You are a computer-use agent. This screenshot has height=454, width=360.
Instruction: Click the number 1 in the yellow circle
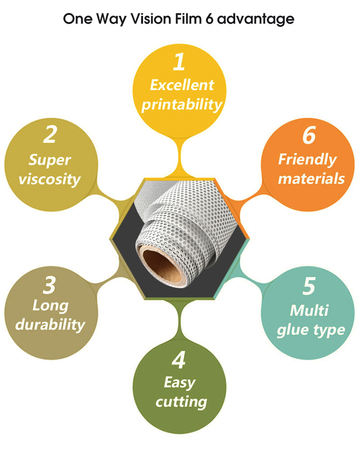(180, 62)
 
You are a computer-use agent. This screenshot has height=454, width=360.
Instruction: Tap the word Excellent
(181, 86)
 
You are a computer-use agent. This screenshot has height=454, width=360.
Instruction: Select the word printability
(181, 105)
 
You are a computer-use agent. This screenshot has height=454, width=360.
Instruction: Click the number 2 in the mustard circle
(49, 135)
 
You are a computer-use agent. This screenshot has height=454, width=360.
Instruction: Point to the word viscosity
(49, 180)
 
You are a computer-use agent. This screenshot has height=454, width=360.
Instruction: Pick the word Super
(49, 160)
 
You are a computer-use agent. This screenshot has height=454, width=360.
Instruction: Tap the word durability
(50, 324)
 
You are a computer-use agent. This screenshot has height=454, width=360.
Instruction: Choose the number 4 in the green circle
(179, 361)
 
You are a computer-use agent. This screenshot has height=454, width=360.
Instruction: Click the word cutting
(181, 402)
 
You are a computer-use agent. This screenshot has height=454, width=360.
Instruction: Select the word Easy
(180, 383)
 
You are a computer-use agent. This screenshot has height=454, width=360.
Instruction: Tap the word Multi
(309, 310)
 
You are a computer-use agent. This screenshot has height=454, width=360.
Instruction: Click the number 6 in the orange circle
(309, 136)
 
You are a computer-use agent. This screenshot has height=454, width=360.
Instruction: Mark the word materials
(311, 179)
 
